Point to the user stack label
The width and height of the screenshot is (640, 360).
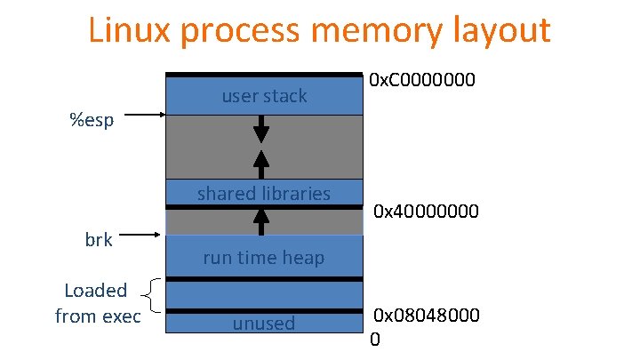click(x=264, y=96)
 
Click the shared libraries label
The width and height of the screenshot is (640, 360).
click(x=264, y=193)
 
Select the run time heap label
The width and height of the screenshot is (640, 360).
click(x=264, y=258)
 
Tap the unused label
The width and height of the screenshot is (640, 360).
click(x=264, y=323)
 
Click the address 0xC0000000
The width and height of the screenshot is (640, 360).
click(x=423, y=81)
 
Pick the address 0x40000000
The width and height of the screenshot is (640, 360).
click(x=427, y=212)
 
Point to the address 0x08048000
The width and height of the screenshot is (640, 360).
click(x=427, y=316)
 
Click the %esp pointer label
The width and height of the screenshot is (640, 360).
click(x=92, y=119)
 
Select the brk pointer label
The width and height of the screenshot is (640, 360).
click(x=99, y=239)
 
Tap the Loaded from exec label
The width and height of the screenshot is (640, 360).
click(x=97, y=303)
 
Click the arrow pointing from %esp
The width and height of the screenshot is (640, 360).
click(x=146, y=115)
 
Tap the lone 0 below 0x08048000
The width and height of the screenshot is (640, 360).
click(x=374, y=339)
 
